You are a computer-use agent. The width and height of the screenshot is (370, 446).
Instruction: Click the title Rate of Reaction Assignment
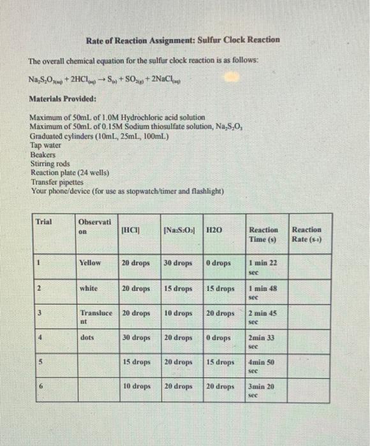coord(184,40)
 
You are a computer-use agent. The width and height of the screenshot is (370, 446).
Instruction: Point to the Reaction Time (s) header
coord(263,234)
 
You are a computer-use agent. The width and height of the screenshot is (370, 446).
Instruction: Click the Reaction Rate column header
coord(306,234)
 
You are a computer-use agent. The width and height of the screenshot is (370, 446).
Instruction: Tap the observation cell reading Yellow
coord(89,262)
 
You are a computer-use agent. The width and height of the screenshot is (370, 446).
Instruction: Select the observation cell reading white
coord(89,288)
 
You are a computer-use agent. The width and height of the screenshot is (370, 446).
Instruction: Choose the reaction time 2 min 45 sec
coord(262,318)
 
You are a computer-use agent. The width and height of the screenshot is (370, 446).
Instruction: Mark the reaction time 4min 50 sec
coord(262,368)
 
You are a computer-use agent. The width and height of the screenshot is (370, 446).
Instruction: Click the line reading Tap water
coord(47,145)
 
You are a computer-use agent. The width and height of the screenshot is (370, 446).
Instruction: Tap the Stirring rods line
coord(50,163)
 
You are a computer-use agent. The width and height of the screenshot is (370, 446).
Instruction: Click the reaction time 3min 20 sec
coord(262,391)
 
